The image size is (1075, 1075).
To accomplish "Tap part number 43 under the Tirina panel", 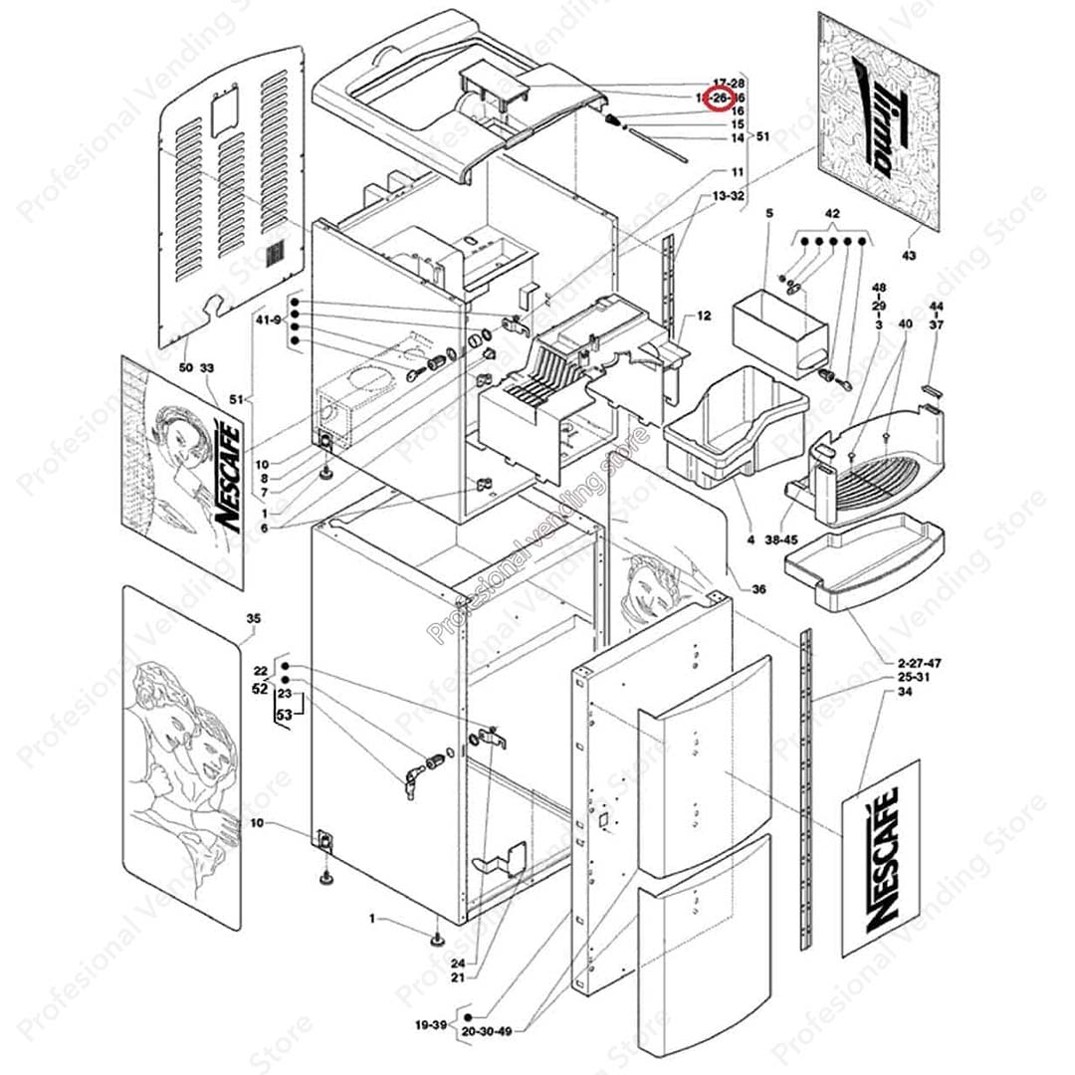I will coord(908,256).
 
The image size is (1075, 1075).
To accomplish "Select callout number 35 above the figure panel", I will coord(253,619).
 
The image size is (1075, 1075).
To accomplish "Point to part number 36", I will coord(758,589).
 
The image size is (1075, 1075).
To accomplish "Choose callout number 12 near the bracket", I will coord(704,317).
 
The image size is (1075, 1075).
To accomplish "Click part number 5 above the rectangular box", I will coord(768,213).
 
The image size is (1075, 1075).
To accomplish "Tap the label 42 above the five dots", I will coord(833,213).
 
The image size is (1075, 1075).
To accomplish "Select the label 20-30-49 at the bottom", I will coord(487,1031).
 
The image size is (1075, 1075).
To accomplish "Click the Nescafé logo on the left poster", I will coord(227,477).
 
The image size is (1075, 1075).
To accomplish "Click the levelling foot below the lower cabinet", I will coord(436,938).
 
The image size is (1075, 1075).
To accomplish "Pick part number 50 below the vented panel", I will coord(186,368).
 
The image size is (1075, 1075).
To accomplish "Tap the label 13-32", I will coord(729,196).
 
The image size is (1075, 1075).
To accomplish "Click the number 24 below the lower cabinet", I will coord(458,964).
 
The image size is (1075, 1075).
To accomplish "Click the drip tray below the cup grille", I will coord(856,563).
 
